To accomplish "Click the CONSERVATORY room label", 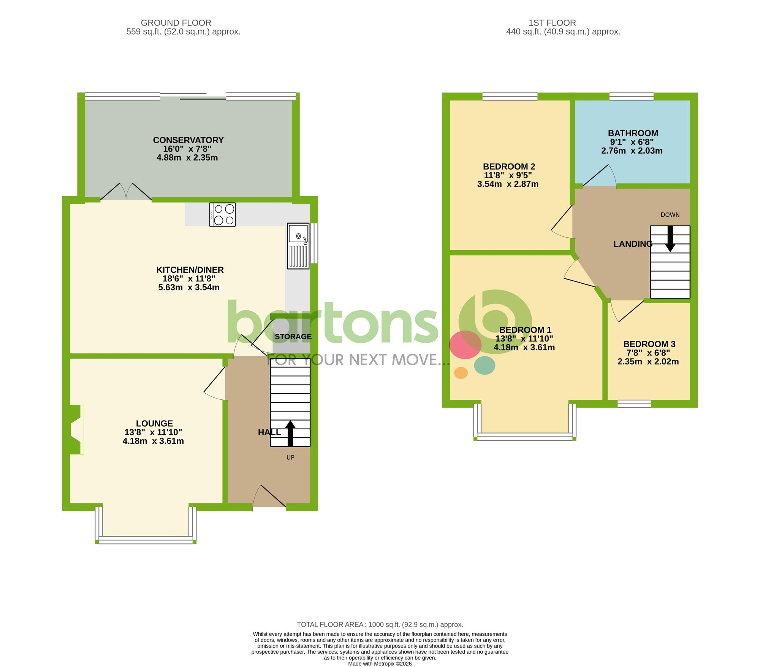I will (188, 140).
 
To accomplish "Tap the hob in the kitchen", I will (222, 214).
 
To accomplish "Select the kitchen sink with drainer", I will (298, 246).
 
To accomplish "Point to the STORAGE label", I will (293, 337).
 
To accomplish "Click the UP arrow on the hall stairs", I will (290, 433).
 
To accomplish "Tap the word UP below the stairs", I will (290, 457).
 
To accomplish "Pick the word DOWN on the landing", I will (670, 215).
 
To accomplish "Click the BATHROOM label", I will (633, 133).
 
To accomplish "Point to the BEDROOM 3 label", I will (649, 344).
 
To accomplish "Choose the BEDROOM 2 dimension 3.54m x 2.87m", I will (508, 184).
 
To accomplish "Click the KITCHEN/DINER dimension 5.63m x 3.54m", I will (189, 287).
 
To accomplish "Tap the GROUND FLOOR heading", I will (176, 23).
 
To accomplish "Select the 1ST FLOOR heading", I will (552, 23).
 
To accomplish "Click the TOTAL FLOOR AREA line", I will (380, 624).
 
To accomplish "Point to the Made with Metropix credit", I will (380, 664).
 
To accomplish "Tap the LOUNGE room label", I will (154, 423).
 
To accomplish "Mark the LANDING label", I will (633, 244).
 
